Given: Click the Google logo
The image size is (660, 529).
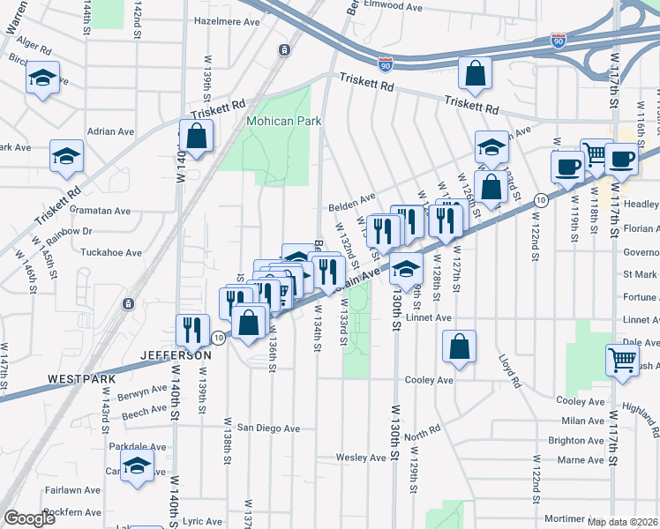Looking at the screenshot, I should [x=29, y=518].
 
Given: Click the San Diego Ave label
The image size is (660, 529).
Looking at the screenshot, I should [x=266, y=428].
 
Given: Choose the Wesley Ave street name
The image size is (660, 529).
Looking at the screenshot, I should [x=361, y=458].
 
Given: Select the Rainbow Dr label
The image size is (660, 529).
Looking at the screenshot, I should [x=73, y=231].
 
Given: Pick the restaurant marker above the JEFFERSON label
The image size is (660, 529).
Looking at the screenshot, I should [x=192, y=331].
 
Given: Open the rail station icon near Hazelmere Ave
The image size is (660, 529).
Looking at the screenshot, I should [x=283, y=50].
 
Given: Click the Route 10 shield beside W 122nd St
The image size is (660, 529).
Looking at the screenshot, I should [x=542, y=200].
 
